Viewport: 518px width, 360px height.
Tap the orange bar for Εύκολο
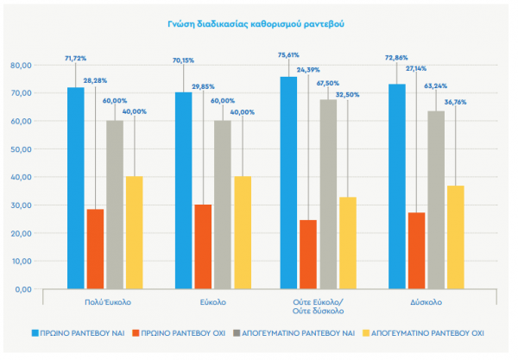(202, 246)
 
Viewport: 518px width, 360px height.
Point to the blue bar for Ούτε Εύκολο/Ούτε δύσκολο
(288, 182)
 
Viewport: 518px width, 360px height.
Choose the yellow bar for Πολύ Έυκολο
(134, 232)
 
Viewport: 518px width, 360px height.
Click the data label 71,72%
(76, 59)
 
